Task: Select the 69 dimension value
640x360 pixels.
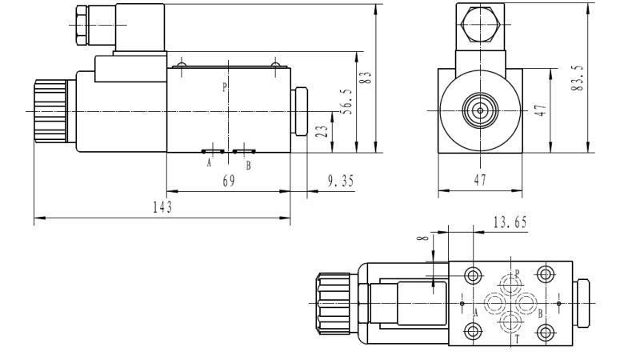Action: click(228, 182)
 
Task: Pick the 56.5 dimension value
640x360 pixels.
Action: click(346, 102)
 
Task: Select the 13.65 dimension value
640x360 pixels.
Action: click(510, 222)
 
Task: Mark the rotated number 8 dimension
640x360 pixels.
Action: click(423, 238)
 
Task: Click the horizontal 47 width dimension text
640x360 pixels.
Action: click(481, 182)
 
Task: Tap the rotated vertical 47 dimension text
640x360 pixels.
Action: click(540, 110)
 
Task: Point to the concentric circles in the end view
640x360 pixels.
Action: click(480, 110)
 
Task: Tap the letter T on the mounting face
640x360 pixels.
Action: click(516, 338)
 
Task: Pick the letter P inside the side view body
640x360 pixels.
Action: click(225, 86)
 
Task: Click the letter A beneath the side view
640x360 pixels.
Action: click(210, 163)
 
